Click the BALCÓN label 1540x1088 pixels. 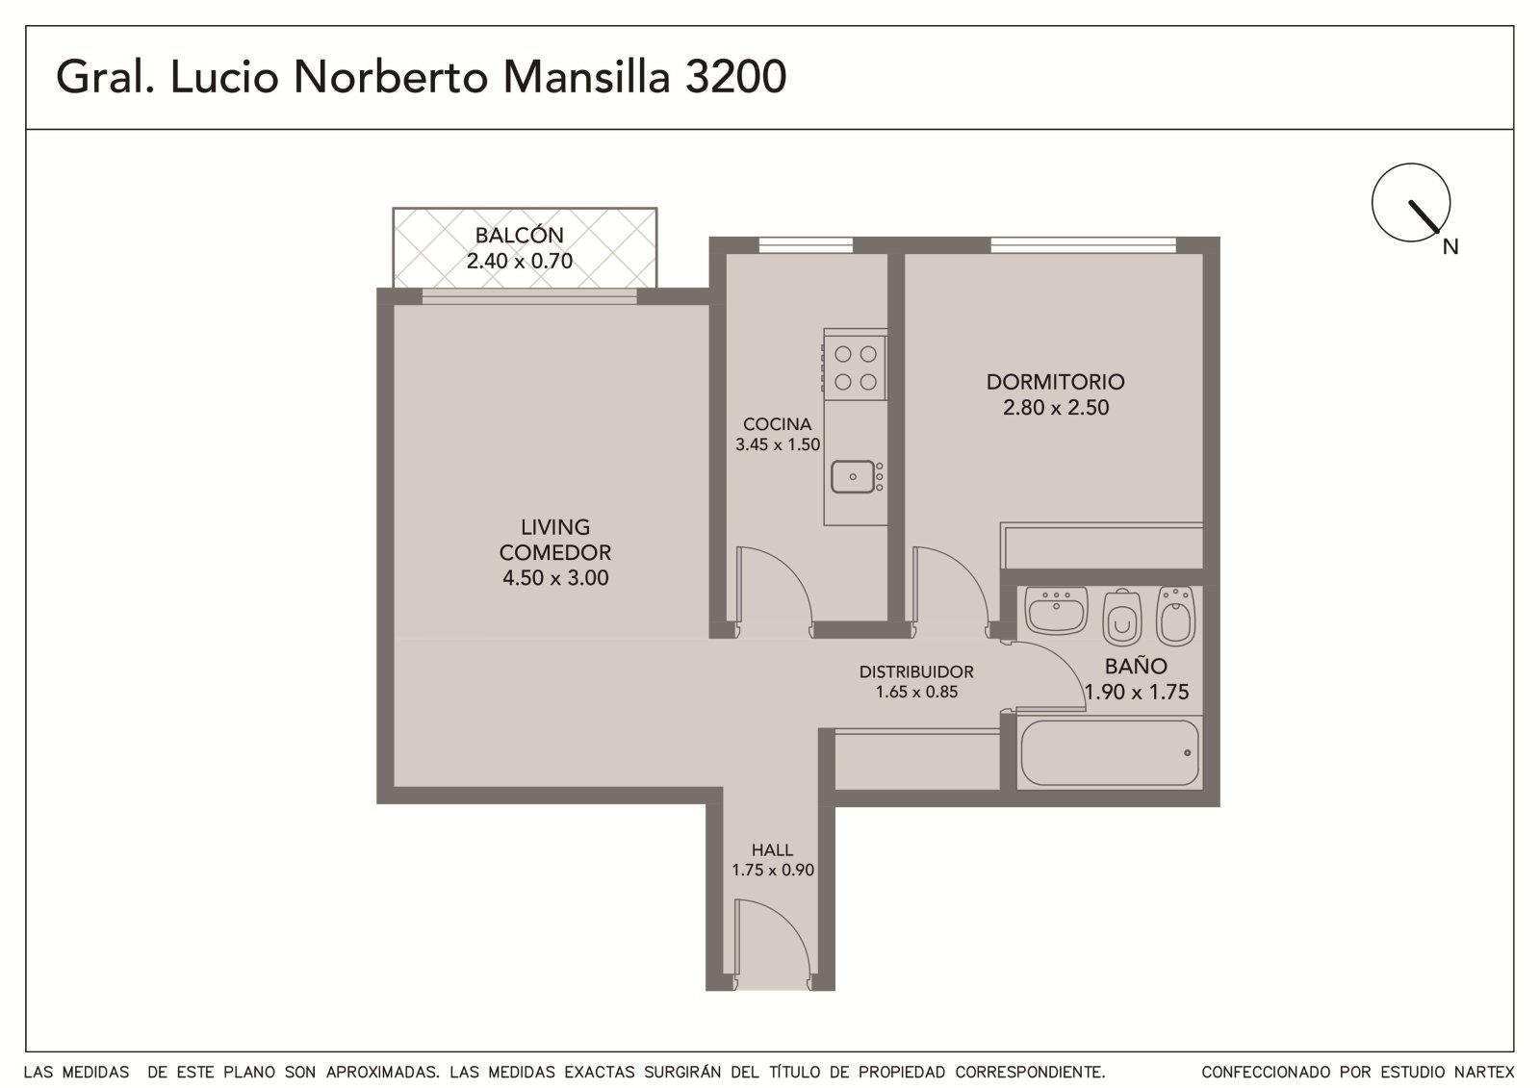tap(519, 235)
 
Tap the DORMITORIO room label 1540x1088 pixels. tap(1055, 382)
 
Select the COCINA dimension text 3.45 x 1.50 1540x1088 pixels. tap(778, 444)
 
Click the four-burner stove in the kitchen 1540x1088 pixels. tap(856, 367)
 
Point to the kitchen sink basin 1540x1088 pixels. tap(853, 476)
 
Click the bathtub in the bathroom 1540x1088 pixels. tap(1110, 752)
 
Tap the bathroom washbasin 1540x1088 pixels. tap(1056, 610)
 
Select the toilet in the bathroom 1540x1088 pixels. tap(1122, 617)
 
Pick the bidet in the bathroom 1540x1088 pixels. tap(1175, 615)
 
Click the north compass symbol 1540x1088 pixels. tap(1411, 203)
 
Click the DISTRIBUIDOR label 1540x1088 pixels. tap(916, 671)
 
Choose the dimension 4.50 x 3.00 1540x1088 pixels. tap(555, 578)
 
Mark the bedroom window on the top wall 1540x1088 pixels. tap(1084, 245)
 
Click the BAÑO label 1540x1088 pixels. tap(1136, 666)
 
